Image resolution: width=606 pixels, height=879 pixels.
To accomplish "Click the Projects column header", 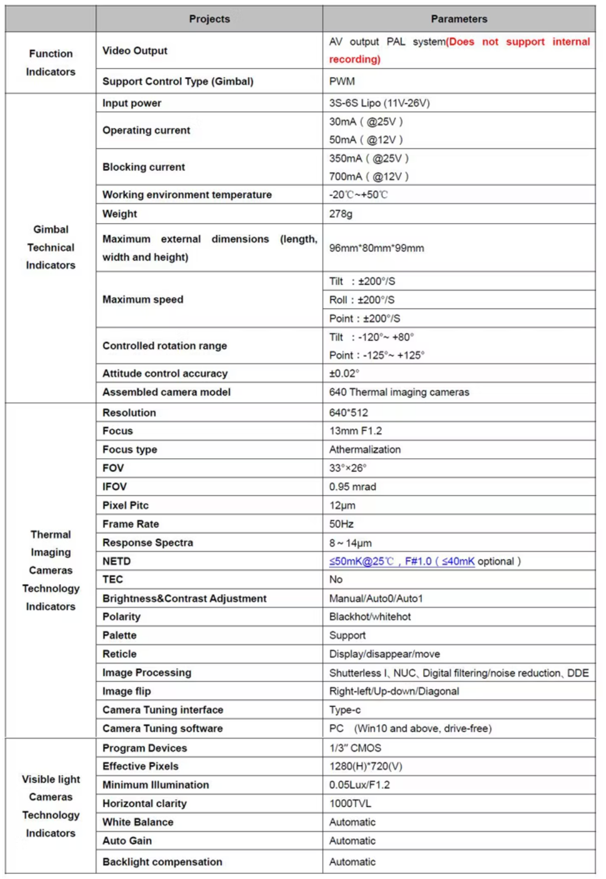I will (209, 19).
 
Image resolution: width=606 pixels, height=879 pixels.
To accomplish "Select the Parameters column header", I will (459, 19).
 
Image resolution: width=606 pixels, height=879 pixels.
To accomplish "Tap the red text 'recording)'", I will (355, 59).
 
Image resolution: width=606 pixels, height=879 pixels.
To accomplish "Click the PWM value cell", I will (342, 81).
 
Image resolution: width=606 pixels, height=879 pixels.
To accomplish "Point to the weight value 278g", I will (341, 214).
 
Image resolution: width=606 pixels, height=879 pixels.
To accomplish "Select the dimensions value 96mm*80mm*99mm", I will (376, 248).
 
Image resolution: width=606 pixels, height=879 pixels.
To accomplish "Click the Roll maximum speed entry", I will (362, 300).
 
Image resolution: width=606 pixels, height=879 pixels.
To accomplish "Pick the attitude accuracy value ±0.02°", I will (344, 374).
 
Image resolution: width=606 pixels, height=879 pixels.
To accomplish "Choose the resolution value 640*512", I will (349, 413).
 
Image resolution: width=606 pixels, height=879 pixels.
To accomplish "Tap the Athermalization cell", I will (365, 450).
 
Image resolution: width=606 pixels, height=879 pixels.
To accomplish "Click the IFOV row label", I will (115, 487).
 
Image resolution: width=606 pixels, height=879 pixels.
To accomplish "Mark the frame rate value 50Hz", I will (341, 524).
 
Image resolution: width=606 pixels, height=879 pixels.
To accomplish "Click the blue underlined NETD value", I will (401, 562).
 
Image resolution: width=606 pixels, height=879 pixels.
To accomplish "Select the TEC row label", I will (113, 580).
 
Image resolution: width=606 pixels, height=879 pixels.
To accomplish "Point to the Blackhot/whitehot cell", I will (370, 617).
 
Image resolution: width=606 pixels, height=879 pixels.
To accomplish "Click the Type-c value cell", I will (345, 710).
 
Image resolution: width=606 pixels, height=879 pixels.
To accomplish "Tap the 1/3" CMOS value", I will (355, 748).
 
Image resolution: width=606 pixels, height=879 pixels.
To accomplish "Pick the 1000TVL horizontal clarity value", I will (350, 804).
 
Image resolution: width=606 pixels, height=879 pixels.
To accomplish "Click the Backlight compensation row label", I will (162, 862).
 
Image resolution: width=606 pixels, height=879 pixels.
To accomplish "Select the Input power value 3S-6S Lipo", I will (379, 103).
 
